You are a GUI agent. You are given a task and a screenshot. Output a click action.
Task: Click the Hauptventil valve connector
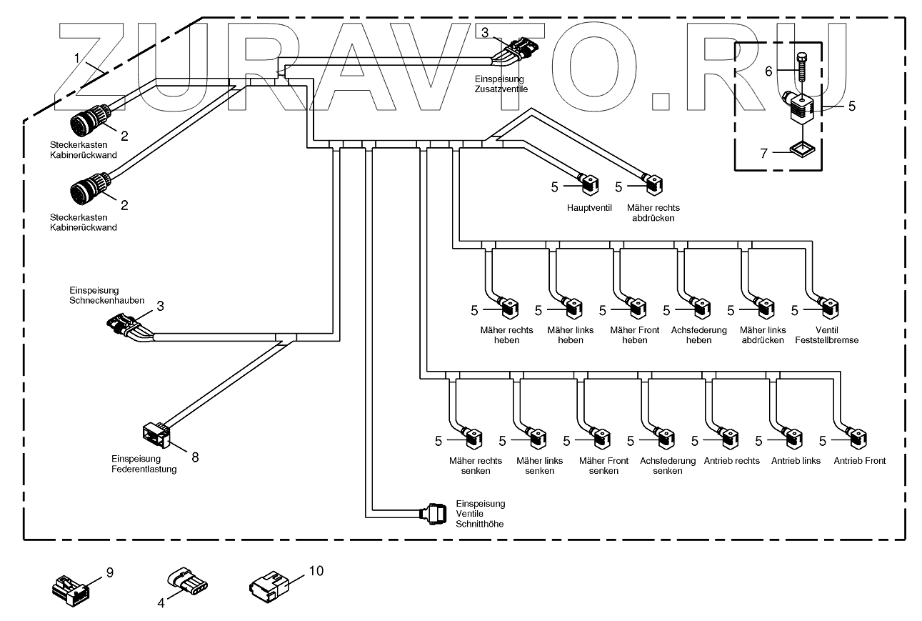[x=590, y=186]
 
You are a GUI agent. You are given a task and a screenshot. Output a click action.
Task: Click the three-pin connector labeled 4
[x=189, y=582]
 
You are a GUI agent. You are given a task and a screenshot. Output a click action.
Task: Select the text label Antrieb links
[x=796, y=461]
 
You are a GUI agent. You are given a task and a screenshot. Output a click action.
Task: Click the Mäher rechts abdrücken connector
[x=655, y=186]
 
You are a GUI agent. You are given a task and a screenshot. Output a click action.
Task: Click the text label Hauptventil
[x=588, y=208]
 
